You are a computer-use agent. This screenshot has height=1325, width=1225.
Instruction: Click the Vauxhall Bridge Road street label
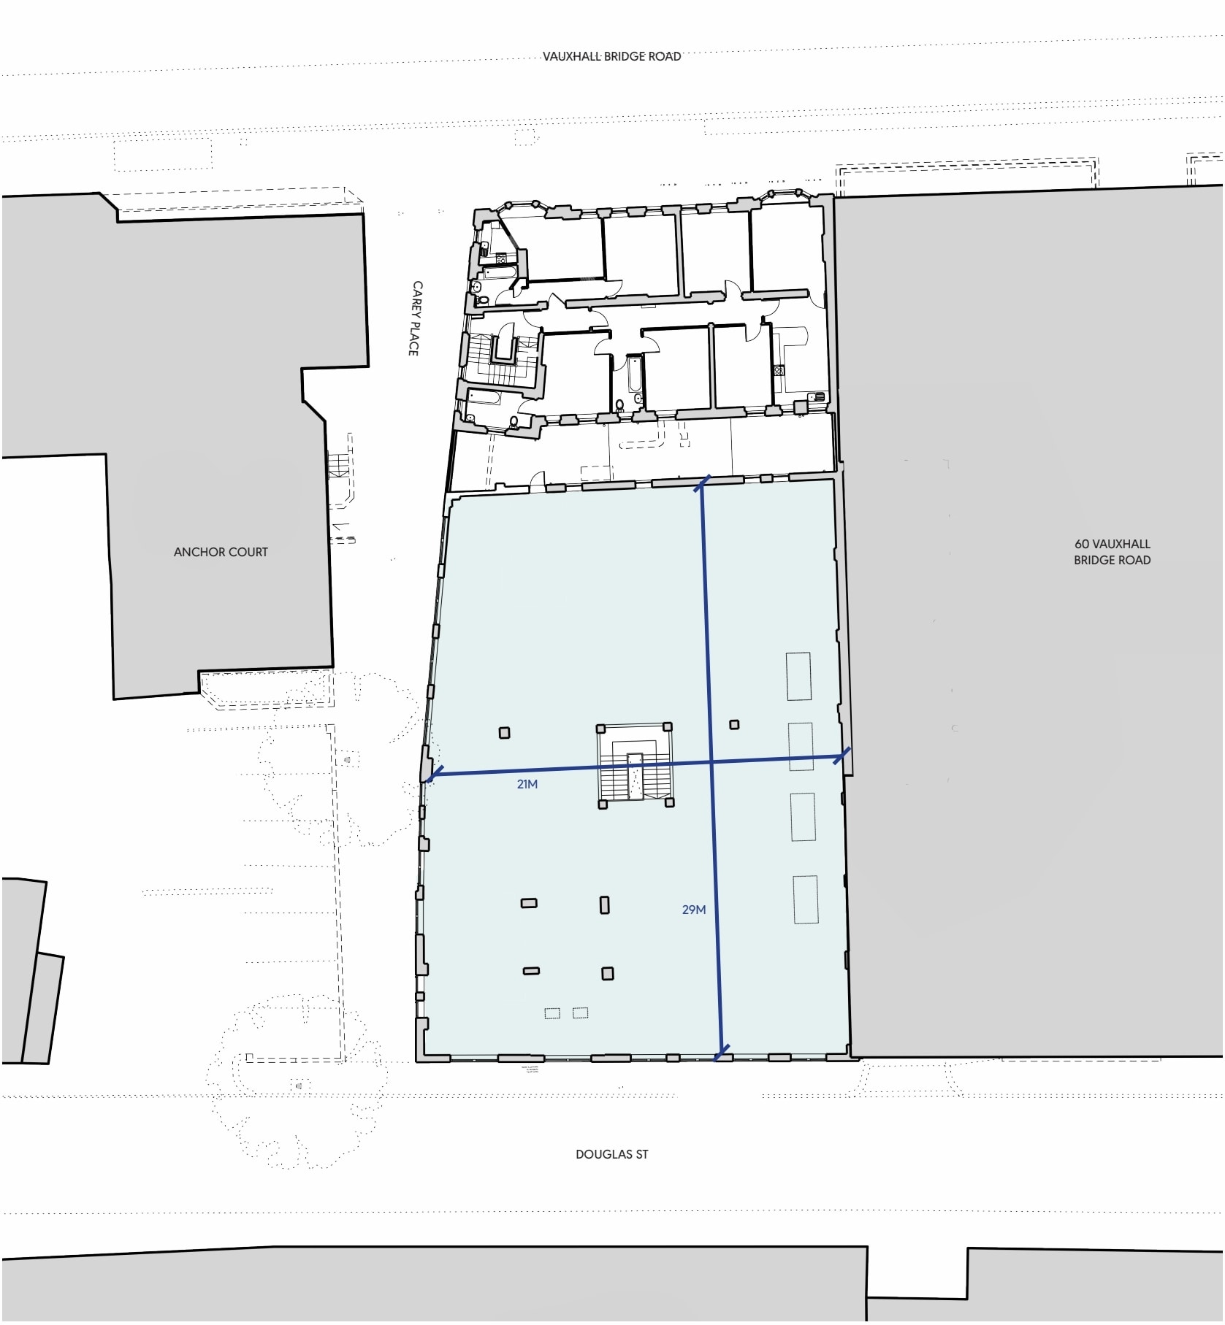click(611, 56)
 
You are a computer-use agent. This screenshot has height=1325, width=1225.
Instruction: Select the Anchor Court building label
click(221, 553)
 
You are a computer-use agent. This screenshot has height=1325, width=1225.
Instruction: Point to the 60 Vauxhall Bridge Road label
click(1112, 552)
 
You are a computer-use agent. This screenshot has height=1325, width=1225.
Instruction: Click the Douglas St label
click(611, 1154)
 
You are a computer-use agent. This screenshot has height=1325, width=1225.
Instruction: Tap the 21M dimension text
click(527, 784)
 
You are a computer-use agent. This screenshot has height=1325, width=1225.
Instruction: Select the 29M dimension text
click(693, 910)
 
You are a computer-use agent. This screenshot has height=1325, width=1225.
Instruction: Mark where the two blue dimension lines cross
click(711, 763)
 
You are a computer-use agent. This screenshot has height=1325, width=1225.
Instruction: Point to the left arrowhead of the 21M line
click(432, 775)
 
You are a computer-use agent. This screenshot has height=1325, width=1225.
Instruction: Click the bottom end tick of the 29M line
click(722, 1053)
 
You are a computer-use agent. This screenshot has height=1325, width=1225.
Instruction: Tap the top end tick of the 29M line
click(702, 484)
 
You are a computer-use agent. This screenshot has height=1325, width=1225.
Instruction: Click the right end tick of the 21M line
click(842, 756)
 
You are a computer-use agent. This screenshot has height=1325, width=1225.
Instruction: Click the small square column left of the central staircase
click(504, 733)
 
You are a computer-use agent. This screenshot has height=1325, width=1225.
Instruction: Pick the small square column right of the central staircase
click(734, 725)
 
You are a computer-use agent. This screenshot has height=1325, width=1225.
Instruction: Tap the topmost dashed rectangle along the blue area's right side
click(798, 676)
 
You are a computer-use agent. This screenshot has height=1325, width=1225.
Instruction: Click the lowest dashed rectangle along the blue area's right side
click(806, 899)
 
